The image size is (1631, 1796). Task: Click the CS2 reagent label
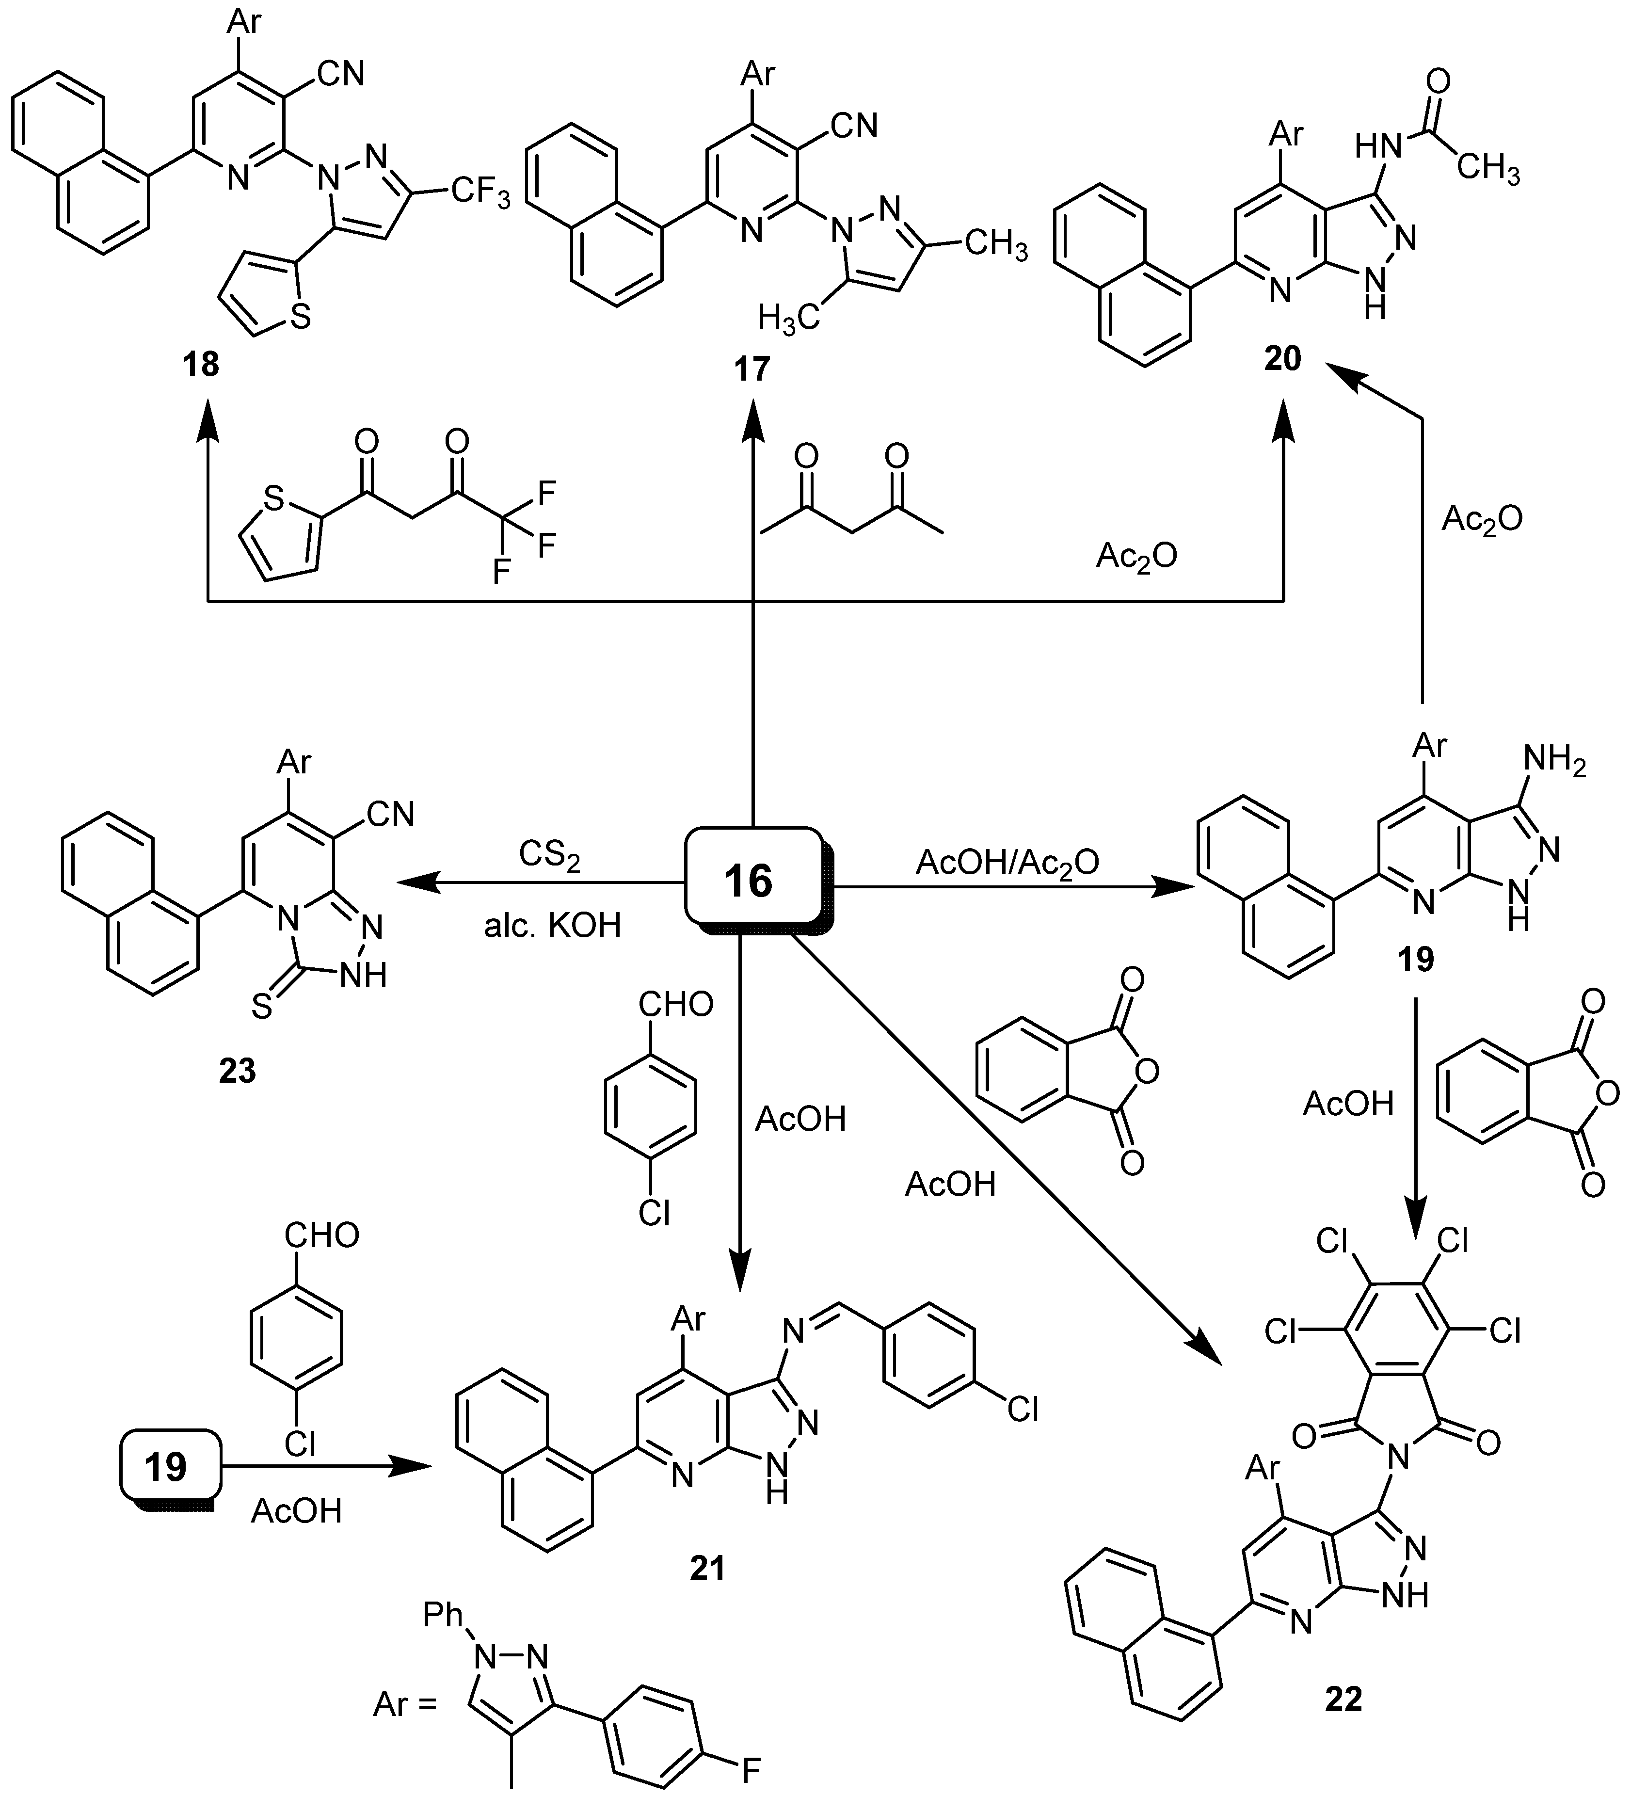coord(550,856)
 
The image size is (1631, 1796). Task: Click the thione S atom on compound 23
coord(261,1008)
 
